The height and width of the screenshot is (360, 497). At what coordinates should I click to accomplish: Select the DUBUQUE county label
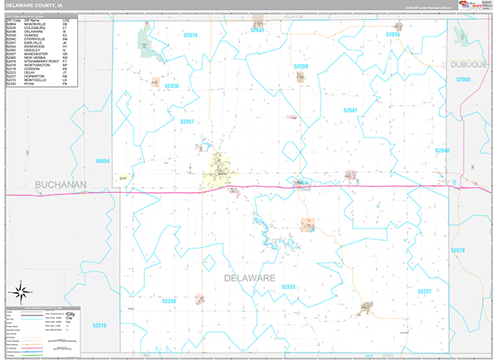pos(472,64)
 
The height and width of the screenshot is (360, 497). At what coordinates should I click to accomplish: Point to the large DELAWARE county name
pos(248,279)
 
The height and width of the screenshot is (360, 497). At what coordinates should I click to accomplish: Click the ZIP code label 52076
pos(191,36)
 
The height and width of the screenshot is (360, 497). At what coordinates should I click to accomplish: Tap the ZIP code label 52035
pos(393,35)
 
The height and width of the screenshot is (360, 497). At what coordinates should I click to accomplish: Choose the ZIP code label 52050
pos(302,66)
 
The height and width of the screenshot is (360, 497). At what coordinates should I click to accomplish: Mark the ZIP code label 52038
pos(172,86)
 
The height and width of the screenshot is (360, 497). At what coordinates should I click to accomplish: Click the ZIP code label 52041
pos(350,109)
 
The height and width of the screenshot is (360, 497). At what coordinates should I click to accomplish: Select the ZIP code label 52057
pos(186,122)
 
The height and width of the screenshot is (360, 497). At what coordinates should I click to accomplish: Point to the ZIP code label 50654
pos(102,161)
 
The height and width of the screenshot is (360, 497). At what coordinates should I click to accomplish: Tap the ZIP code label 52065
pos(463,79)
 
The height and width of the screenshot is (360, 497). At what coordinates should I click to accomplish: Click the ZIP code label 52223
pos(288,286)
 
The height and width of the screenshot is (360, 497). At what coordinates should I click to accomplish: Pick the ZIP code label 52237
pos(424,291)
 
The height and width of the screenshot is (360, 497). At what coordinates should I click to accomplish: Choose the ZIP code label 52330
pos(167,302)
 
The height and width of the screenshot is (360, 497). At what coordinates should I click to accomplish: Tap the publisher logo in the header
pos(473,6)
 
